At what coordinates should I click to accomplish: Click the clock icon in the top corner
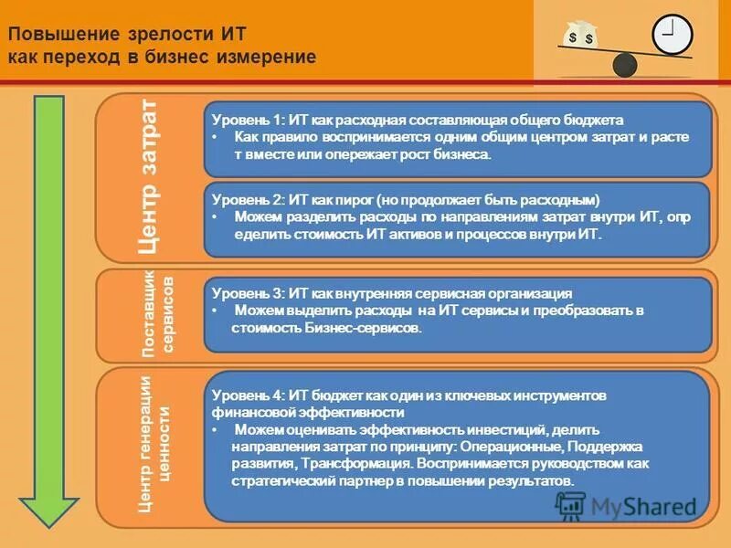click(x=672, y=35)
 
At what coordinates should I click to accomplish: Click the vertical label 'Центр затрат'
click(x=149, y=178)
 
